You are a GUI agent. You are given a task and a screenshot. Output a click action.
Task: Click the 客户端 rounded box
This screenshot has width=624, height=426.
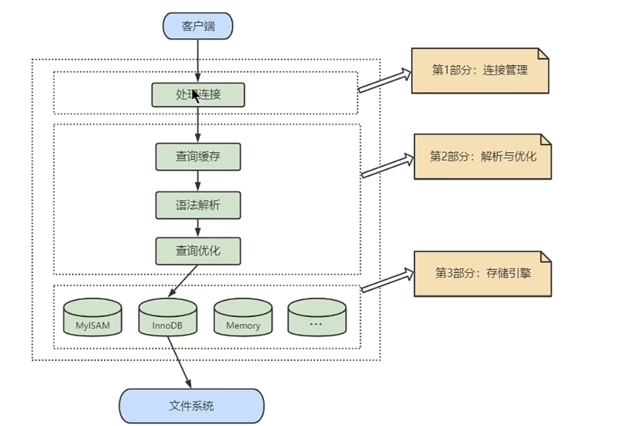pos(198,26)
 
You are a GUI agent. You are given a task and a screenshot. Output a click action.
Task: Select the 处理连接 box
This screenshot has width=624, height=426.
pos(198,95)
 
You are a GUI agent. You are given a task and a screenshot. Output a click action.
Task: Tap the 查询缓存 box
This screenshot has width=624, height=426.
pos(198,157)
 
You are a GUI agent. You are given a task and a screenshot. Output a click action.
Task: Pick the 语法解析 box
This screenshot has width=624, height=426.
pos(198,205)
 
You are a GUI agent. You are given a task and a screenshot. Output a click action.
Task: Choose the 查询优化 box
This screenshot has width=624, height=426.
pos(198,251)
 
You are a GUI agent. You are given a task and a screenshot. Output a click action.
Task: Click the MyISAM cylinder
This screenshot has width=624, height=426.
pos(93,317)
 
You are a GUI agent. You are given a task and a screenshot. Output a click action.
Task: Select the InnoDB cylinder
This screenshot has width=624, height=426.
pos(168,317)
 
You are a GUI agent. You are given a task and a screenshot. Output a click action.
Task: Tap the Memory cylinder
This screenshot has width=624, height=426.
pos(243,317)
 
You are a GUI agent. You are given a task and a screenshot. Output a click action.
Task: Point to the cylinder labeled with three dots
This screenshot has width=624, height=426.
pos(317,317)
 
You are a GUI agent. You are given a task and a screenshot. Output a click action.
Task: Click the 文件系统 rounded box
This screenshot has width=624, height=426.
pos(192,406)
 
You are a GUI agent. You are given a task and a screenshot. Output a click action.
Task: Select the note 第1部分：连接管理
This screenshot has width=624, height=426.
pos(480,71)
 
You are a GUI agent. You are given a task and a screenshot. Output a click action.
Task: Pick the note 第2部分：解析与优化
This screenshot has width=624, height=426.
pos(483,157)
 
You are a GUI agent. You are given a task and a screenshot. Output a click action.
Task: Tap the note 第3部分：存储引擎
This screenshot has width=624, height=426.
pos(483,274)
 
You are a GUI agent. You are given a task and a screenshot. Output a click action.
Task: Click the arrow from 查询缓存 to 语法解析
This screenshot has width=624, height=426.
pos(198,181)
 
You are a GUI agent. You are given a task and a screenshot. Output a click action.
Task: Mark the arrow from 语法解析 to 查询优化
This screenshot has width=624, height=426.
pos(198,228)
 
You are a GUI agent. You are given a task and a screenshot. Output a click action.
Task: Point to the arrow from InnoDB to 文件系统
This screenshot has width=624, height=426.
pos(179,362)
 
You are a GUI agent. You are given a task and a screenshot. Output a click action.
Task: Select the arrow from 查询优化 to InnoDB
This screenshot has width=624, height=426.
pos(183,281)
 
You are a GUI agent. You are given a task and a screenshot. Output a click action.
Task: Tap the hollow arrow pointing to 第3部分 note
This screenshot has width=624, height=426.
pos(387,280)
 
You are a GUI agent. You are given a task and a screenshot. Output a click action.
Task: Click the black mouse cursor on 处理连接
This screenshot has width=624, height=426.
pos(196,96)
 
